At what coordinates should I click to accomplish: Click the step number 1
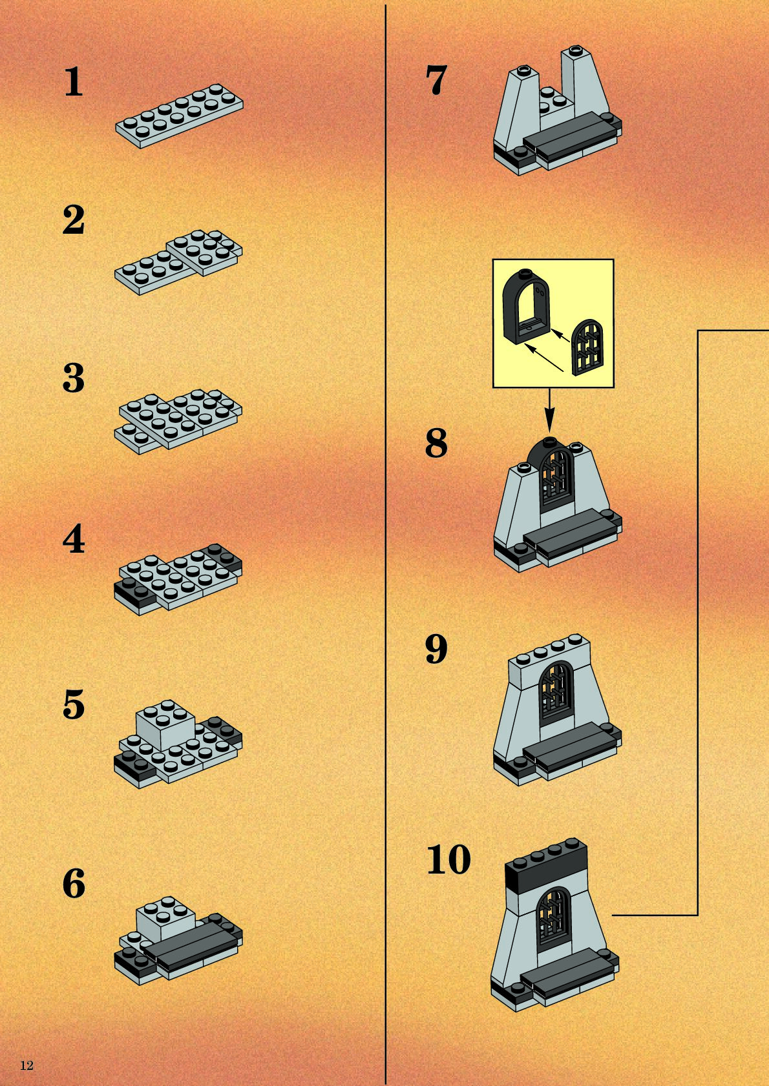click(74, 82)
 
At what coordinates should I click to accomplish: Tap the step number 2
click(74, 220)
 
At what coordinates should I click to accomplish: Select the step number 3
click(74, 378)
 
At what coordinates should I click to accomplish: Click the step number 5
click(74, 704)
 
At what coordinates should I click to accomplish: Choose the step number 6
click(74, 884)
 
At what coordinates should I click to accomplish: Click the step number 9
click(436, 649)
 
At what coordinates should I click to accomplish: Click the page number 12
click(26, 1065)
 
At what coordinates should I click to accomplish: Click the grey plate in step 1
click(180, 116)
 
